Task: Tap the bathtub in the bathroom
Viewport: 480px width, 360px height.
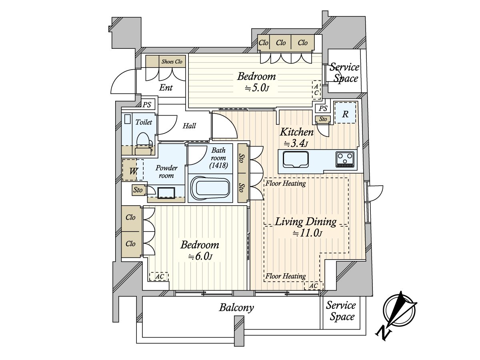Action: [210, 188]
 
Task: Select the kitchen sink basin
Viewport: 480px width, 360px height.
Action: [296, 160]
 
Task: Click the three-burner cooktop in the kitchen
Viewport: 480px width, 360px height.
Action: [345, 159]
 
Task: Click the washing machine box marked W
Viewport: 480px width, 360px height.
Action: [133, 170]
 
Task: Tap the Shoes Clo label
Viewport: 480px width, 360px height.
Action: [172, 62]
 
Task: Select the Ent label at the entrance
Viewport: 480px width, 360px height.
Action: [166, 88]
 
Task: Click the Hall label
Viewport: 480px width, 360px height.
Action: [189, 126]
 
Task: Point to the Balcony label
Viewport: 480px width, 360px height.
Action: [236, 308]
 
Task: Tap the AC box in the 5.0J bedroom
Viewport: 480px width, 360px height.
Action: [316, 90]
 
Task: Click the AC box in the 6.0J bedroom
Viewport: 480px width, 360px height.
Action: [159, 276]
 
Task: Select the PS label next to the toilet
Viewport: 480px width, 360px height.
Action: [147, 105]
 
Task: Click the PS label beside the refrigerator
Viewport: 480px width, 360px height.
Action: [323, 108]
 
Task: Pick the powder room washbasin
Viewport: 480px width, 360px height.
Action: [166, 193]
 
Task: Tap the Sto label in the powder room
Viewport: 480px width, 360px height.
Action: [138, 190]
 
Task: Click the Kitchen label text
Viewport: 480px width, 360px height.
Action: [297, 132]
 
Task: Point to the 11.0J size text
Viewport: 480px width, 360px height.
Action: [307, 234]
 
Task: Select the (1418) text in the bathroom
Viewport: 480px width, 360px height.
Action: [218, 166]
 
